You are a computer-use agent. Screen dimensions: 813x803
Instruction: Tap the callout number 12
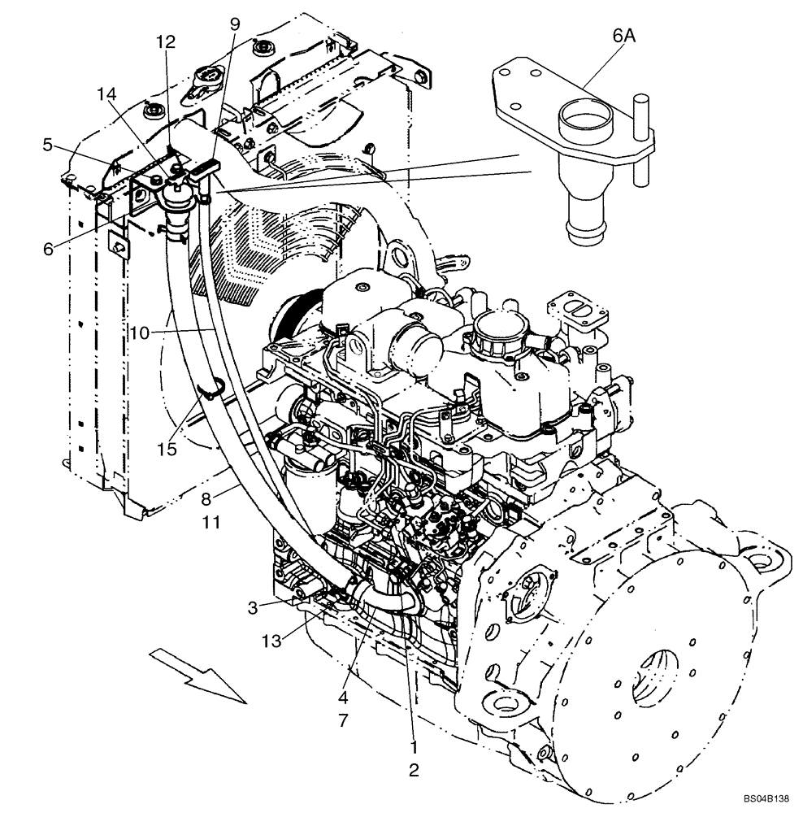tap(166, 41)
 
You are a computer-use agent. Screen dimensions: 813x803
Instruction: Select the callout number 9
tap(235, 24)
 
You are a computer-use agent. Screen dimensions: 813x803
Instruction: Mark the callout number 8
tap(206, 498)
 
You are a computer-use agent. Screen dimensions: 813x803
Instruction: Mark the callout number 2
tap(414, 770)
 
